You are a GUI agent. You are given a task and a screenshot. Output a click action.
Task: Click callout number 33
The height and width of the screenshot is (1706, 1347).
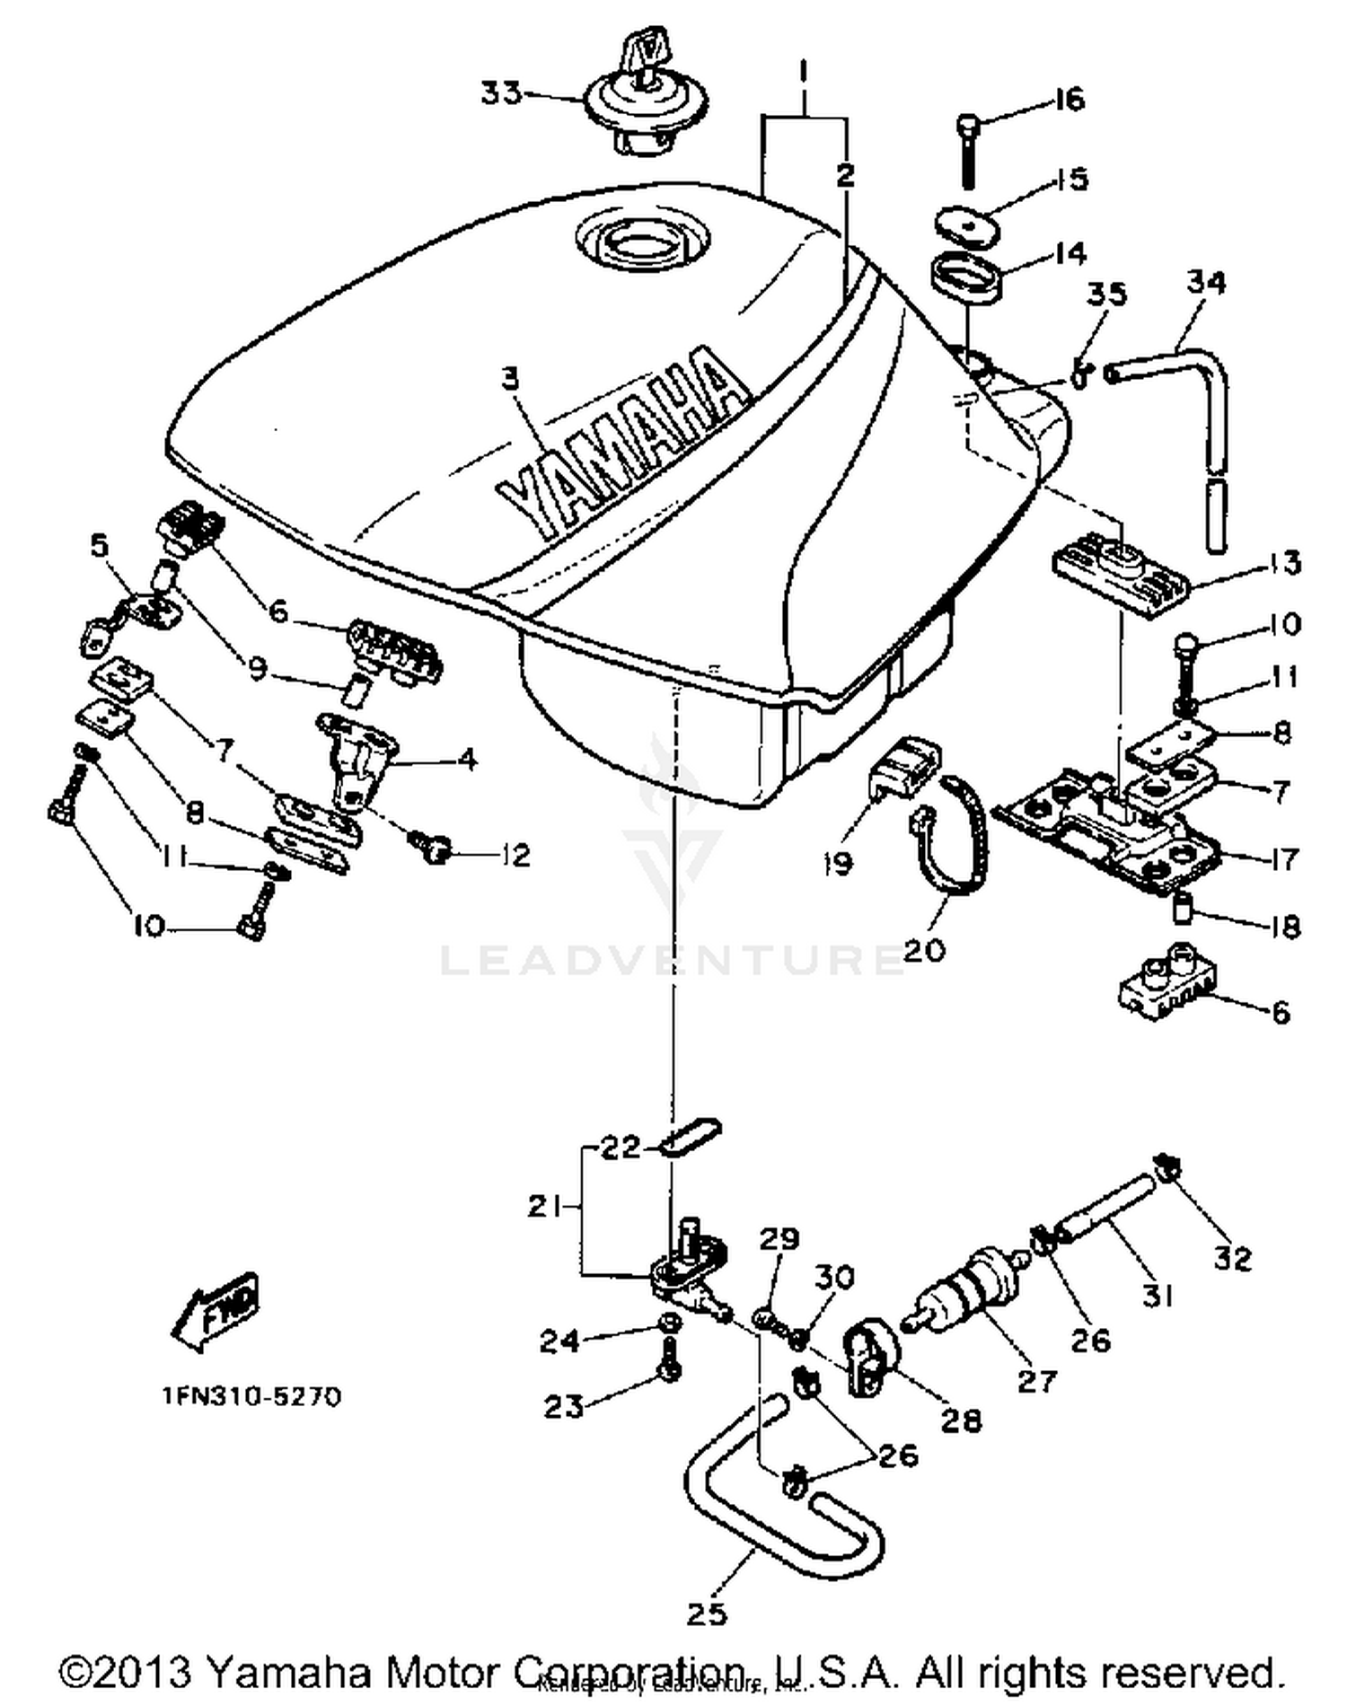[501, 92]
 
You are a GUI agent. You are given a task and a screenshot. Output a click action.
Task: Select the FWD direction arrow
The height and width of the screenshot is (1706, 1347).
[216, 1312]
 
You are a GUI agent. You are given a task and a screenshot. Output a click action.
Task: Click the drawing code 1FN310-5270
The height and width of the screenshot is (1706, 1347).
[251, 1397]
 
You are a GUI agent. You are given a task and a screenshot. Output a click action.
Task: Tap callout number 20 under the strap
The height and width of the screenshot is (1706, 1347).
[925, 949]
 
